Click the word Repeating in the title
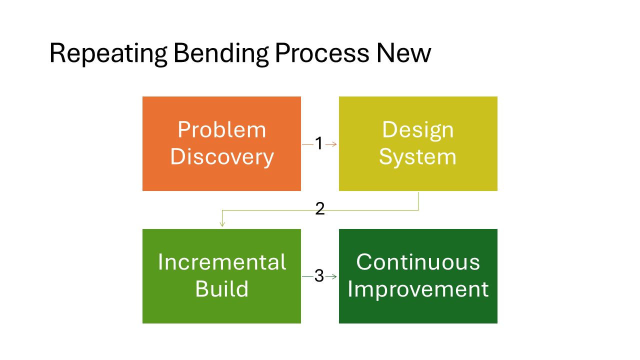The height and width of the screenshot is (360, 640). (x=108, y=53)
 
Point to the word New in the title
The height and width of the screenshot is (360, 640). (x=404, y=53)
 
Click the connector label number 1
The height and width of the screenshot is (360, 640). (x=319, y=144)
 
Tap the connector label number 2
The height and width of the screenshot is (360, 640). (x=320, y=209)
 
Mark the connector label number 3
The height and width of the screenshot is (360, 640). (x=319, y=276)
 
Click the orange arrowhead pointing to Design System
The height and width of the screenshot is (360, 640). (x=334, y=144)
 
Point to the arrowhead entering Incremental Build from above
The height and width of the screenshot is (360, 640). (x=222, y=224)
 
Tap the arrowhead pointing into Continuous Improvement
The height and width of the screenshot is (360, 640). (x=334, y=276)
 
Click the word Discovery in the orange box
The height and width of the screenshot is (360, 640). (x=221, y=157)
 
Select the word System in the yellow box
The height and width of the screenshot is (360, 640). (x=417, y=157)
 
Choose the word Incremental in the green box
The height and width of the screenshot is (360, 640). (x=221, y=262)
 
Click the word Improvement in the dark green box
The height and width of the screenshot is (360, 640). (x=418, y=289)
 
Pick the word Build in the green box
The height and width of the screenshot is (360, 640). (x=221, y=289)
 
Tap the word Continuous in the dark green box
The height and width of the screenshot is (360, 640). (x=418, y=262)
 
